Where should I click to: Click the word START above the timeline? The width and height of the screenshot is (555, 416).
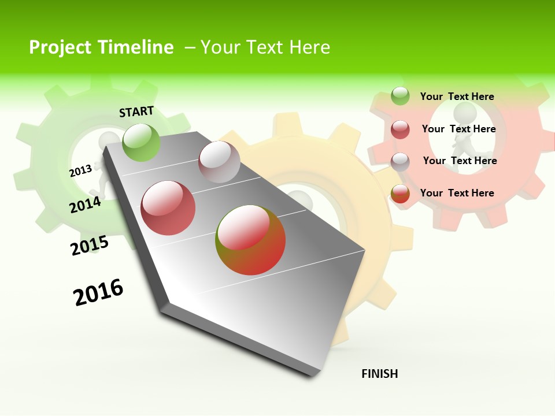click(x=136, y=112)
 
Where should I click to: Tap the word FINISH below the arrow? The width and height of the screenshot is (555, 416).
click(x=380, y=374)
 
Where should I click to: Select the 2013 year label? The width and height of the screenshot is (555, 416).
click(x=80, y=170)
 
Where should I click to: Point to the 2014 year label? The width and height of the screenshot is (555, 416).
click(x=85, y=205)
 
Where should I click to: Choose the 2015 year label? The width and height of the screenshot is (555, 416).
click(x=90, y=246)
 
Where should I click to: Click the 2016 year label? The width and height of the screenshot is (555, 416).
click(x=98, y=292)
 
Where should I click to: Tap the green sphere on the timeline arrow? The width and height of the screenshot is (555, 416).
click(x=141, y=142)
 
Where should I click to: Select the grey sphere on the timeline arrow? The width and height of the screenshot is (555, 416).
click(x=219, y=162)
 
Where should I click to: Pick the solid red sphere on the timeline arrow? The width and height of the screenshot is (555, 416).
click(x=168, y=208)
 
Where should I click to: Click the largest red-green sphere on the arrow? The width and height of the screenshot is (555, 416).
click(x=250, y=240)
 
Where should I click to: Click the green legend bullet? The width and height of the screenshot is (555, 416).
click(x=400, y=96)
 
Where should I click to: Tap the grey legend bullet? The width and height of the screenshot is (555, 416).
click(x=400, y=162)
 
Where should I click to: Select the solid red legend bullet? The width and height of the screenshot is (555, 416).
click(x=400, y=129)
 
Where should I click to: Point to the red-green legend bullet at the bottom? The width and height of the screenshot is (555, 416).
click(x=400, y=194)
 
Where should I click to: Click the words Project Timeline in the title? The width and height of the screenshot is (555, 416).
click(x=101, y=47)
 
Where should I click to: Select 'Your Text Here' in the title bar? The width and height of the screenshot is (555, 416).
click(x=265, y=47)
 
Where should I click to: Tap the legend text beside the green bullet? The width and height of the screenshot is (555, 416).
click(x=457, y=96)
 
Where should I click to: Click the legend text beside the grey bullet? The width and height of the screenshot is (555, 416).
click(x=460, y=161)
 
